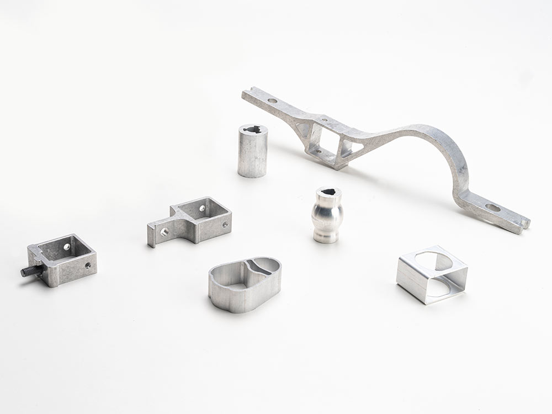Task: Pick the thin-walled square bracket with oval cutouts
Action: (432, 274)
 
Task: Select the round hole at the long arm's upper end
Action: (272, 101)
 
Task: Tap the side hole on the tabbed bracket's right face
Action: (225, 225)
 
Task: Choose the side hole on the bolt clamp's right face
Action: (88, 266)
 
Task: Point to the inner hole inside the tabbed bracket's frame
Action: (203, 209)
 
